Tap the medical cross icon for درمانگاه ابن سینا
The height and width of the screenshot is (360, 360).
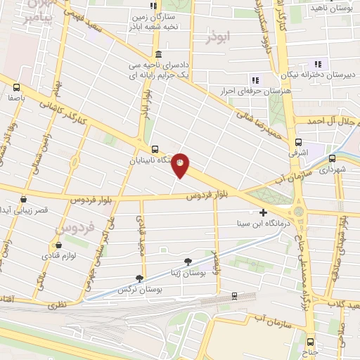[x=264, y=212]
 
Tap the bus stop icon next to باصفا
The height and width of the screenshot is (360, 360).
[x=16, y=87]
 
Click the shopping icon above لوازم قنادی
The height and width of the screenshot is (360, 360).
[x=58, y=245]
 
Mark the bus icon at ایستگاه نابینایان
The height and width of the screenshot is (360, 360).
[x=155, y=149]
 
